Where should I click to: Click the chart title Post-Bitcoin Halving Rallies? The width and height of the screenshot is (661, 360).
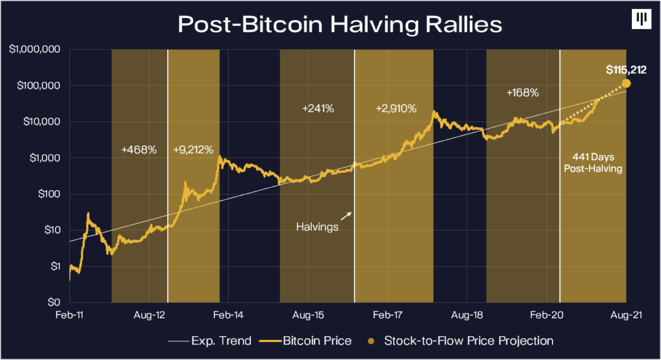click(x=330, y=25)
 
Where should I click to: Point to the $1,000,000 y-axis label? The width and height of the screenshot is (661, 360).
click(x=36, y=50)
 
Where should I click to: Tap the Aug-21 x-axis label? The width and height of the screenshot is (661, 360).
click(x=626, y=316)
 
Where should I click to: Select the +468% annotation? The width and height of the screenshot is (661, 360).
click(x=139, y=150)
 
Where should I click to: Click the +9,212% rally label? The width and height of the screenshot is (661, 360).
click(x=194, y=150)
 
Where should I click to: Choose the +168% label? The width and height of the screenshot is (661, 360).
click(x=522, y=93)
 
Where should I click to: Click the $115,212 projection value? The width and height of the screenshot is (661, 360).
click(x=625, y=70)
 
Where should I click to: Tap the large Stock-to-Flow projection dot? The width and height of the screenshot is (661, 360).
click(x=626, y=84)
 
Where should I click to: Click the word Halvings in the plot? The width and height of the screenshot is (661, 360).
click(x=317, y=226)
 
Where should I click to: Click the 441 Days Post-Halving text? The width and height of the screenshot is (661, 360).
click(x=596, y=163)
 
